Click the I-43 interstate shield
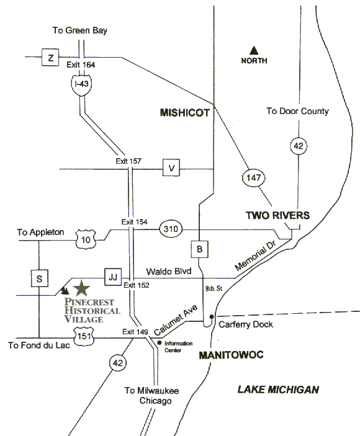click(81, 84)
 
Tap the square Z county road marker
click(50, 58)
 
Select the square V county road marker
click(171, 167)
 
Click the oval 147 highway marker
click(253, 177)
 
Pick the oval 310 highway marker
click(171, 229)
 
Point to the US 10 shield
click(86, 239)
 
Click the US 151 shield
click(84, 336)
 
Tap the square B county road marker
click(199, 249)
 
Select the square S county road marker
click(39, 278)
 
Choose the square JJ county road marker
click(113, 277)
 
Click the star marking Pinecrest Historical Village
click(81, 288)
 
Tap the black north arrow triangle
click(253, 50)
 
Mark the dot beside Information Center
click(160, 343)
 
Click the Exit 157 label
click(128, 161)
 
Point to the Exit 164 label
click(81, 65)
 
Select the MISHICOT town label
click(185, 113)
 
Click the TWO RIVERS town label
click(277, 215)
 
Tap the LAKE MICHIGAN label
click(278, 389)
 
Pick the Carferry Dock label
click(246, 324)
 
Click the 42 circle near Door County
click(299, 146)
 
